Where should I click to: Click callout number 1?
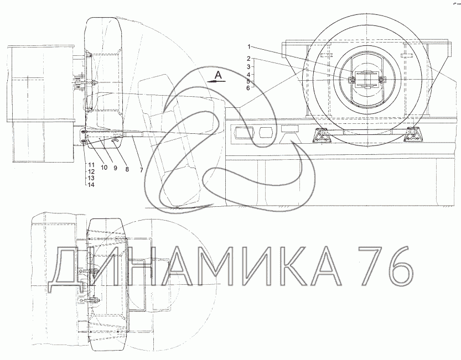(248, 46)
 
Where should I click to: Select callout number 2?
(248, 59)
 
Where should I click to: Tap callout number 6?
(248, 88)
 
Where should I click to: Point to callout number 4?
(248, 75)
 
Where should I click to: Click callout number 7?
(142, 170)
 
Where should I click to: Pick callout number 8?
(127, 169)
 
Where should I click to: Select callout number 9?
(115, 168)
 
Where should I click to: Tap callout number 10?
(104, 168)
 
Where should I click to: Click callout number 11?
(91, 165)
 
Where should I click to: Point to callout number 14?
(91, 185)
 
